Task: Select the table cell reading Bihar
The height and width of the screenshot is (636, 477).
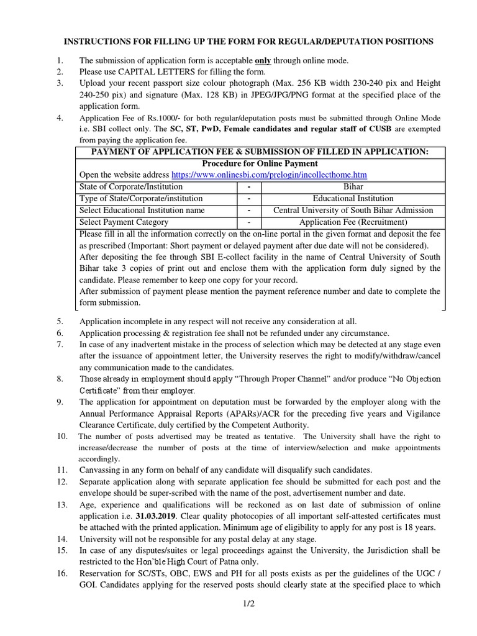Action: click(x=353, y=187)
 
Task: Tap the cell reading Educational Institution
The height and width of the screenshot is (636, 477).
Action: click(x=353, y=199)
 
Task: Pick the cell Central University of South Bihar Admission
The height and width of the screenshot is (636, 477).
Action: click(x=353, y=211)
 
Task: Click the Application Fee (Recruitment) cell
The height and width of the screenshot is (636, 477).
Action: click(x=353, y=222)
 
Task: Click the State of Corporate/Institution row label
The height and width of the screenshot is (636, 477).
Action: click(x=131, y=187)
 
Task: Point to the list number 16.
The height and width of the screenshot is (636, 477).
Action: click(x=61, y=573)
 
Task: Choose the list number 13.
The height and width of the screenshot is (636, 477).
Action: click(x=61, y=504)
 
